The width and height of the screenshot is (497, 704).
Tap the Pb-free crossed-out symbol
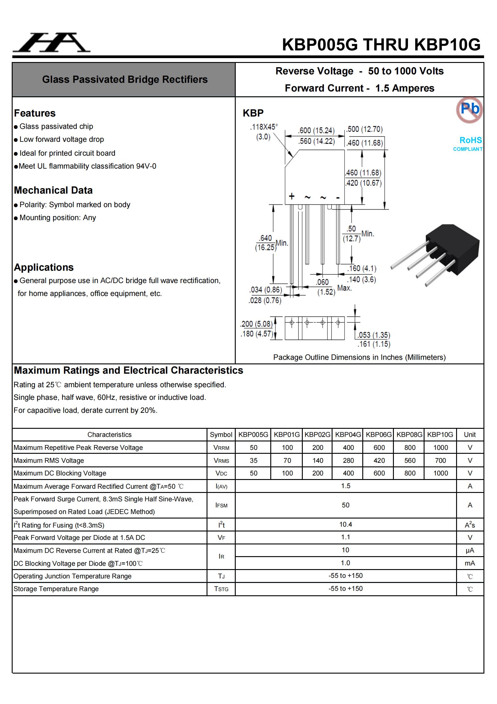[469, 110]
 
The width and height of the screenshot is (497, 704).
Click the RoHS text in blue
[470, 140]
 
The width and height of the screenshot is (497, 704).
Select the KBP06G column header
[379, 435]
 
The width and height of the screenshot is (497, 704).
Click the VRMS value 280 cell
[348, 460]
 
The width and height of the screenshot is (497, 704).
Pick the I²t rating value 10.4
[345, 525]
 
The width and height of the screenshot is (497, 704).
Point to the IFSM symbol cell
[221, 505]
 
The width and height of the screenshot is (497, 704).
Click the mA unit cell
[469, 563]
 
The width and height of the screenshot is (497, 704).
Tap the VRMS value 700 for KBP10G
[440, 460]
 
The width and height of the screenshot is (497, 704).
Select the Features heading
[35, 113]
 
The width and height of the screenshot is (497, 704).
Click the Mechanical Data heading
[53, 190]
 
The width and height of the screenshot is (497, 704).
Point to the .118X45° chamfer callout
[264, 127]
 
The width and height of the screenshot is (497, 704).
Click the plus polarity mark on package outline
[292, 196]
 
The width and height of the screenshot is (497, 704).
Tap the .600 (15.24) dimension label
[316, 131]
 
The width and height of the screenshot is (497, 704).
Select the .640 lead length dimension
[265, 238]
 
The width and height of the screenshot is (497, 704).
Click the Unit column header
[469, 435]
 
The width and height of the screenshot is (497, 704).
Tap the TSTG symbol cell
[221, 589]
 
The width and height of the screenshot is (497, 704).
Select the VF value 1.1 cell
[345, 537]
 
